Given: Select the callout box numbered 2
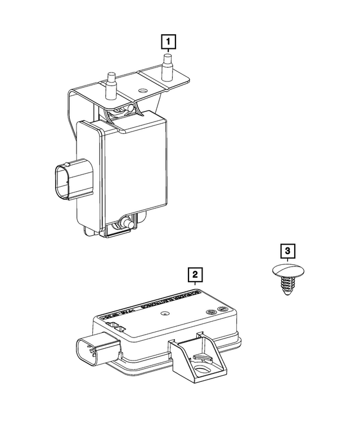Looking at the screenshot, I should (x=195, y=274).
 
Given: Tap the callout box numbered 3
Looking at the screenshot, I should (x=287, y=250).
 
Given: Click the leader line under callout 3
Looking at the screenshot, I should (x=287, y=260).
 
